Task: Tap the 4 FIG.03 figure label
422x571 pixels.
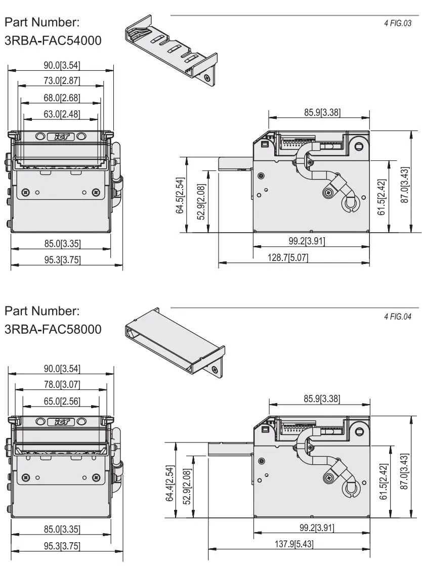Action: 398,23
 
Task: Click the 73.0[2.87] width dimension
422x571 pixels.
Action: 61,81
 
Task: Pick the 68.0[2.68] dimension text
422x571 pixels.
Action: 61,98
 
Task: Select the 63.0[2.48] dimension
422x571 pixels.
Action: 61,114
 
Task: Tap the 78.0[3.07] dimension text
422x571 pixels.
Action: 61,385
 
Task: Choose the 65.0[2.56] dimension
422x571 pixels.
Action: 61,402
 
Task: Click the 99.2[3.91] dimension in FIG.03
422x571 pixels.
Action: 304,241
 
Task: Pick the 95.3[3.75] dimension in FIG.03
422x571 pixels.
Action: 61,260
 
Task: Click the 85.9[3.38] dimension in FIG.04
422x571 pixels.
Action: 321,398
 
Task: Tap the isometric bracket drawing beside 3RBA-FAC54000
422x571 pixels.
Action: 170,51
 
